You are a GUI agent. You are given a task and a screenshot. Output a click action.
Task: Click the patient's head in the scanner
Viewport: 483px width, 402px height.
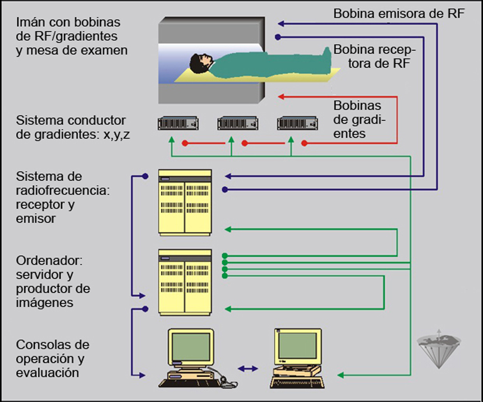(x=199, y=63)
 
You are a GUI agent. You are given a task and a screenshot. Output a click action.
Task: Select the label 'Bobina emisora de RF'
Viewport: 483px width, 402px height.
(x=399, y=13)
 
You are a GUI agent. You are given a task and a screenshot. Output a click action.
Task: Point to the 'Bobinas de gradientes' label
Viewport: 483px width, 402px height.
(x=358, y=119)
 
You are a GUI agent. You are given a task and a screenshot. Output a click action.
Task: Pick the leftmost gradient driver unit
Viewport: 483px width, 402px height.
(x=177, y=122)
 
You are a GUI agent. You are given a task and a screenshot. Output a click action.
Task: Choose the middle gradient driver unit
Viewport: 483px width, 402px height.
(x=237, y=122)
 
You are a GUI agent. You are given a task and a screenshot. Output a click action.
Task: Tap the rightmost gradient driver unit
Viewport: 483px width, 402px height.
(x=297, y=122)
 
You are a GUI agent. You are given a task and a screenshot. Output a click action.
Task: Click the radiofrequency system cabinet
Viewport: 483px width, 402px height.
(x=185, y=202)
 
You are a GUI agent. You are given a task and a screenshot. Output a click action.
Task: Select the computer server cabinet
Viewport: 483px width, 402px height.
(x=185, y=281)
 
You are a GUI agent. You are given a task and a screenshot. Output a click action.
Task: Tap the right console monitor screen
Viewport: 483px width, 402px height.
(x=297, y=345)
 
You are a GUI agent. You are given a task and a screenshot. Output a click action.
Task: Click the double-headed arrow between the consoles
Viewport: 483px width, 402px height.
(x=247, y=368)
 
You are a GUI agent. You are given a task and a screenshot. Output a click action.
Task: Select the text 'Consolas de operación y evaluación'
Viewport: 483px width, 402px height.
(x=53, y=358)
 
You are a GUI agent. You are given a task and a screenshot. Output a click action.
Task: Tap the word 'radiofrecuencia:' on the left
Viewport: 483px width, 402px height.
(x=63, y=191)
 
